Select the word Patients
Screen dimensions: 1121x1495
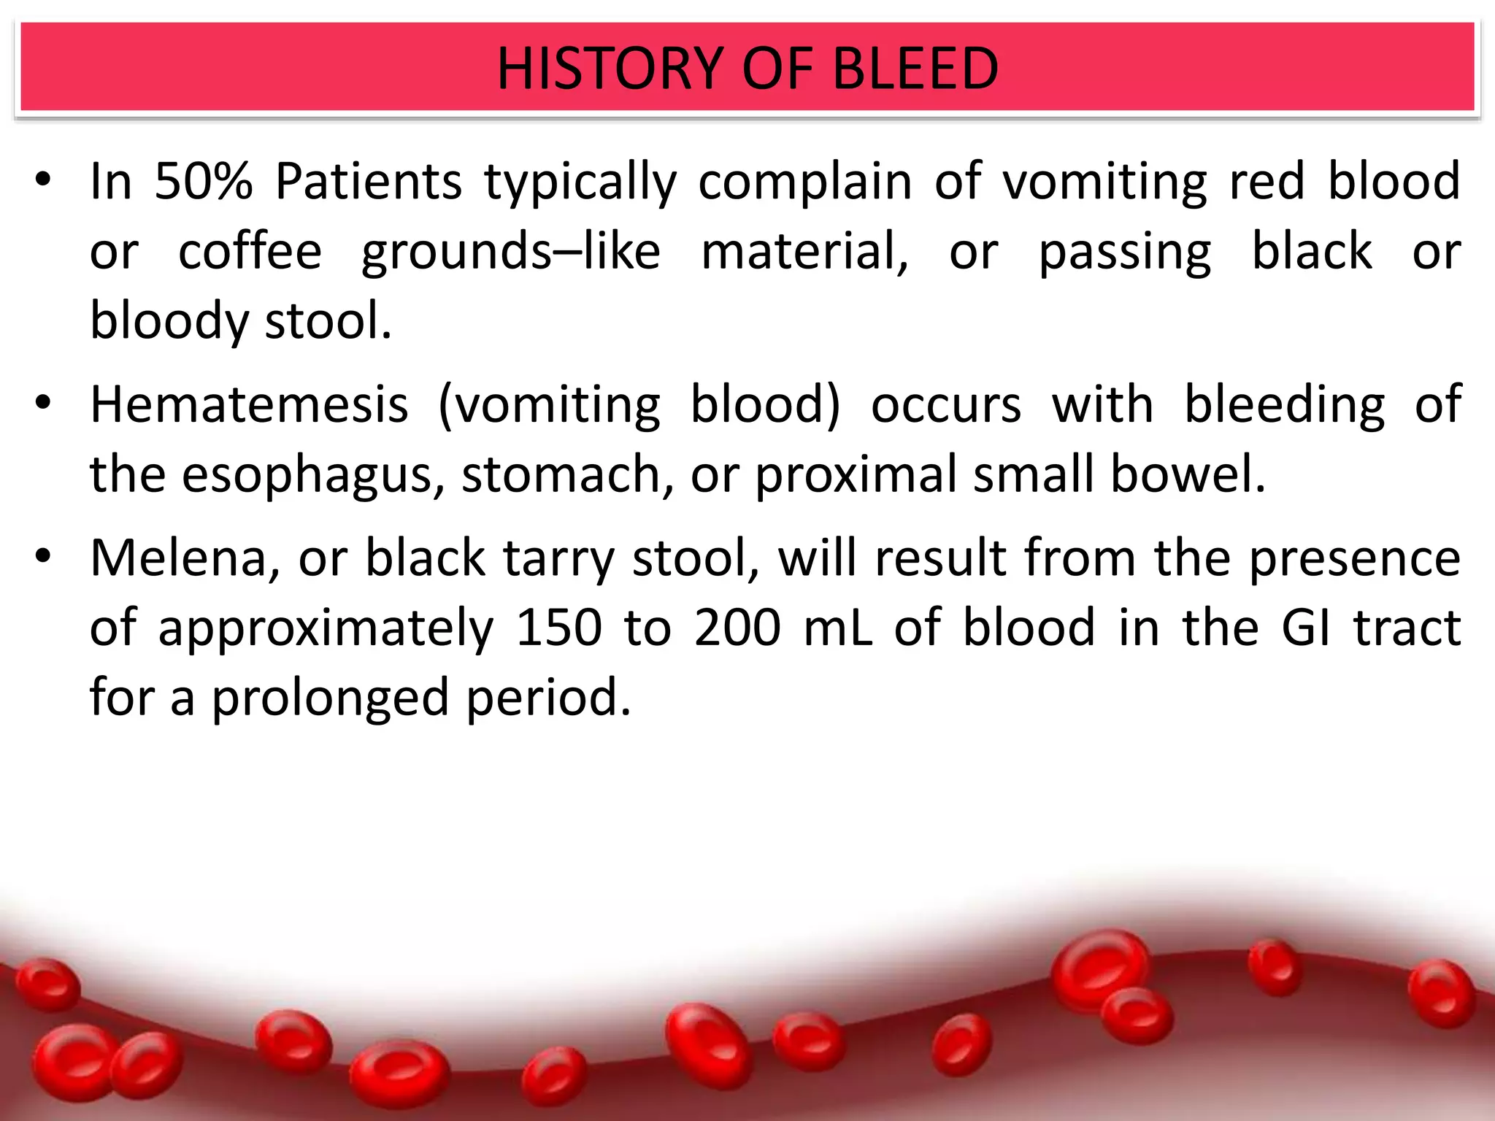tap(369, 181)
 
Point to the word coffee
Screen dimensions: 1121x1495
tap(250, 251)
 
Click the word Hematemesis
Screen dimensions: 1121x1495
tap(249, 404)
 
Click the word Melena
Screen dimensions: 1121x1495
tap(185, 558)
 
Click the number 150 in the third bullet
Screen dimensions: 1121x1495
tap(558, 628)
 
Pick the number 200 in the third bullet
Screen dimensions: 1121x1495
tap(737, 628)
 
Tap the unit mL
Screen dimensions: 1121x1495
tap(837, 628)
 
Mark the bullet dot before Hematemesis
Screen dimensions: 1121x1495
tap(44, 403)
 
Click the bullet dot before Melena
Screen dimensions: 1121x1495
tap(44, 557)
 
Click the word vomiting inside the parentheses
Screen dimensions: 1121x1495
tap(558, 406)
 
